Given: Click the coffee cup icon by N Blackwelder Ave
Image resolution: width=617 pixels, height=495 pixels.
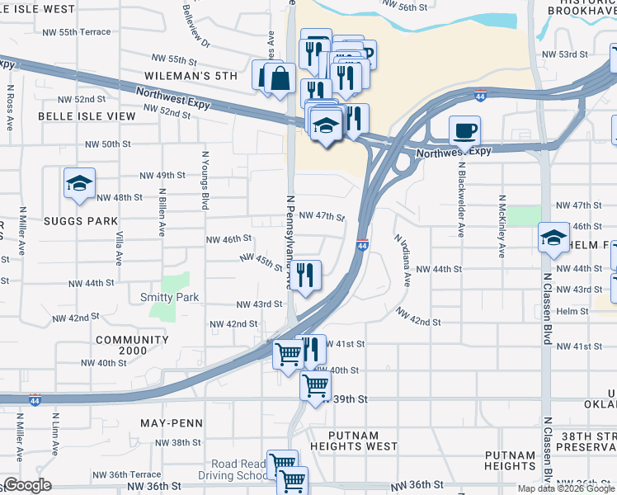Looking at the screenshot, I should pyautogui.click(x=464, y=130).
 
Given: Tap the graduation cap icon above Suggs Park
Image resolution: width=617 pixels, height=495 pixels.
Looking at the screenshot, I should pyautogui.click(x=80, y=182).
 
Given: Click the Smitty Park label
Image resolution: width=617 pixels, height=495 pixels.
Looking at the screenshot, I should pyautogui.click(x=169, y=297).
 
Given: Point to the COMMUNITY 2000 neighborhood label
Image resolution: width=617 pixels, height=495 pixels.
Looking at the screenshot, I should pyautogui.click(x=132, y=346).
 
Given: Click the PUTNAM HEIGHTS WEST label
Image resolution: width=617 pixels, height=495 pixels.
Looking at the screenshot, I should pyautogui.click(x=354, y=441).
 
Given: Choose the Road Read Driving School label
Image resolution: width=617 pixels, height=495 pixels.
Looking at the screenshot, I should pyautogui.click(x=239, y=470).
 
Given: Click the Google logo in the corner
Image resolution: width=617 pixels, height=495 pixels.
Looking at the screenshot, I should pyautogui.click(x=28, y=485).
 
